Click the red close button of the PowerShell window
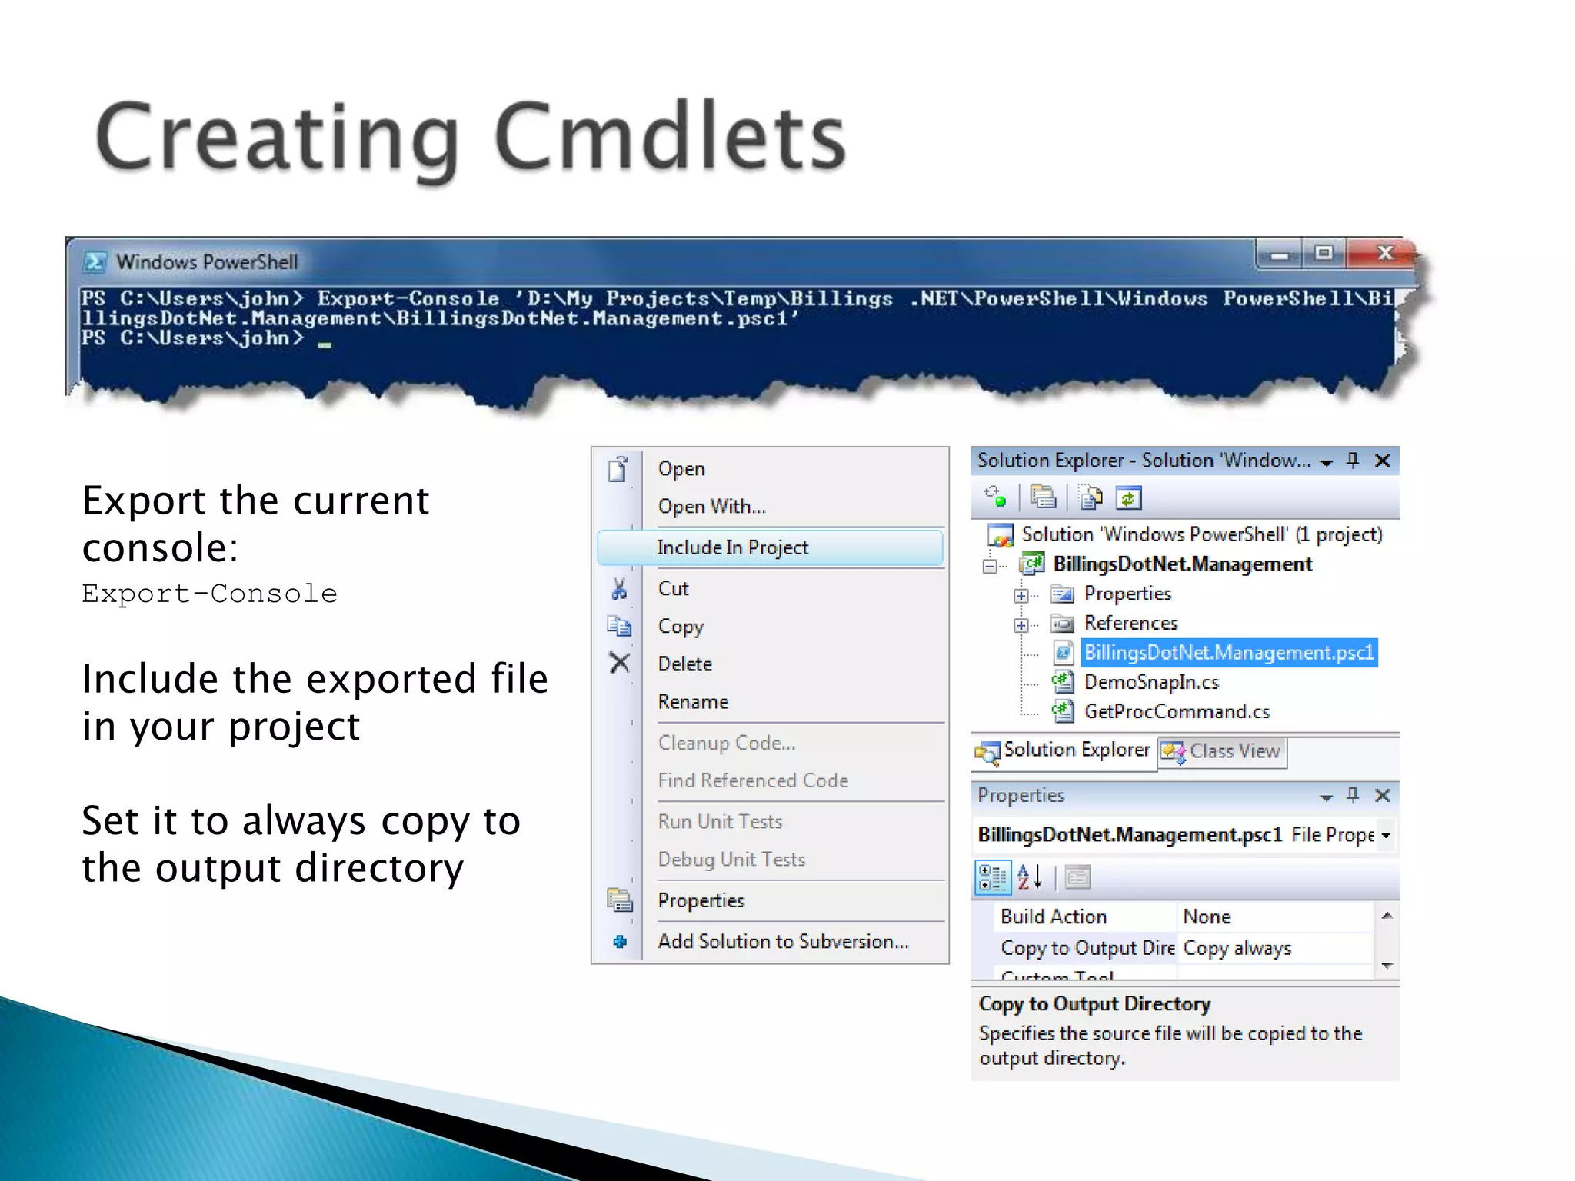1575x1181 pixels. click(1384, 253)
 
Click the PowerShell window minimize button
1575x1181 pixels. click(1279, 254)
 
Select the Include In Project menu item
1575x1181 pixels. click(732, 547)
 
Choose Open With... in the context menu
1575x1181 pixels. click(711, 507)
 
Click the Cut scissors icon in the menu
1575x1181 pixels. click(619, 589)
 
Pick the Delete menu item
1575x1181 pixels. click(684, 664)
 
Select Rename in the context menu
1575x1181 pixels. click(693, 702)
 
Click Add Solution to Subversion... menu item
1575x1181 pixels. click(783, 942)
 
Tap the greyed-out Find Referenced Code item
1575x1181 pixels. click(753, 781)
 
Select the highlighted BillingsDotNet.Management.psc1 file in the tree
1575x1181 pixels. click(1228, 653)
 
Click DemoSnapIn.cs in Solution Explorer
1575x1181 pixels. click(1150, 683)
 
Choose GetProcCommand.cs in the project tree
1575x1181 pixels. click(1177, 712)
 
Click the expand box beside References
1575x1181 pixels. click(1021, 625)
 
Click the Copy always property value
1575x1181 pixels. click(1237, 949)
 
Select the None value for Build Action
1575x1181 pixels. click(1207, 917)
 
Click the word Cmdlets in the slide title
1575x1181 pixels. click(670, 138)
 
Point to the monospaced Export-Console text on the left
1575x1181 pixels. click(209, 594)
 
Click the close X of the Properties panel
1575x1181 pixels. click(1382, 796)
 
